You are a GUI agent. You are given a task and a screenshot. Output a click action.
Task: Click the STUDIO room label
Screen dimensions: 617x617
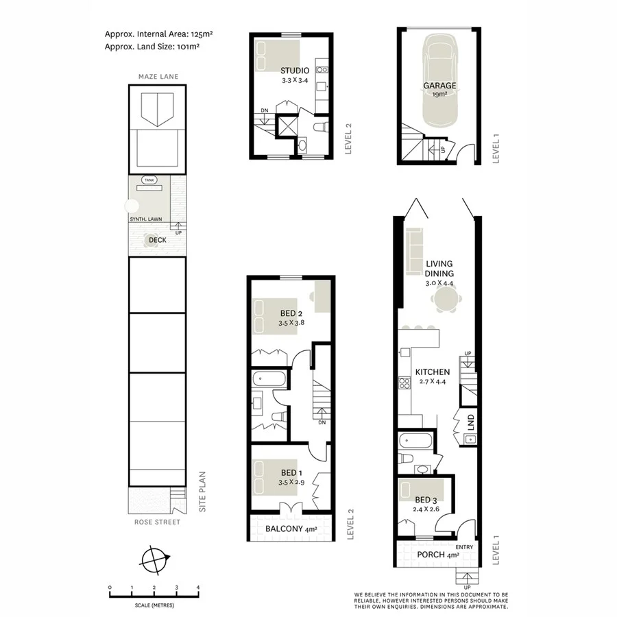click(294, 71)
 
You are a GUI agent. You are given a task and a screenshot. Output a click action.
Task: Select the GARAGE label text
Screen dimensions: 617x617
click(439, 86)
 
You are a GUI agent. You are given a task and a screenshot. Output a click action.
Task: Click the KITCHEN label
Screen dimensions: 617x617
click(433, 372)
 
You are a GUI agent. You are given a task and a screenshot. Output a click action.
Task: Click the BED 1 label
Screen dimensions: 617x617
click(291, 473)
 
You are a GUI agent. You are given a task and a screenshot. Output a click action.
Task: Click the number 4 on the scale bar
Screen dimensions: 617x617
click(198, 588)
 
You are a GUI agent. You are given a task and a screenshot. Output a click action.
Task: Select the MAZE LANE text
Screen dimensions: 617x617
click(158, 77)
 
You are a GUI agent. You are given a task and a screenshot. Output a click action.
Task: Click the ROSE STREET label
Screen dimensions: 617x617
click(158, 522)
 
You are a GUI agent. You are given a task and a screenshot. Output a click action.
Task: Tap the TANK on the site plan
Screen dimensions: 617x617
click(149, 180)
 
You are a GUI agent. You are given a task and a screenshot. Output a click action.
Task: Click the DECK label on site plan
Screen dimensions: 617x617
click(158, 241)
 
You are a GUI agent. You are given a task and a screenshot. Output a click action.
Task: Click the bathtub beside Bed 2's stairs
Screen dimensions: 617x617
click(263, 378)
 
